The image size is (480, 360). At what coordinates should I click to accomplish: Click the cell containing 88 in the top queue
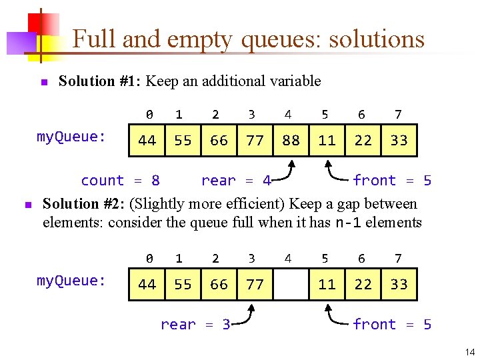[291, 141]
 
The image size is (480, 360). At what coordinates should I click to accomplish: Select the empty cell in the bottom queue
[291, 285]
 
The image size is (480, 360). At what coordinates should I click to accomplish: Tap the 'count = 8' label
[120, 181]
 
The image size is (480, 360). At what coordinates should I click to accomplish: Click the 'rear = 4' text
[235, 181]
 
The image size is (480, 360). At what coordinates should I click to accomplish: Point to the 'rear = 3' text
[195, 325]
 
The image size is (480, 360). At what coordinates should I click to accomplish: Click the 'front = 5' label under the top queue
[391, 181]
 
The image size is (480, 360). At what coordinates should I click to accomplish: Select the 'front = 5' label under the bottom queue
[391, 325]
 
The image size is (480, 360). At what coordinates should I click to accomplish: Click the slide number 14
[470, 352]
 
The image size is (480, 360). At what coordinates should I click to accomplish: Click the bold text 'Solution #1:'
[100, 81]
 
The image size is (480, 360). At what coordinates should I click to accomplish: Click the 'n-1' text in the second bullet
[348, 222]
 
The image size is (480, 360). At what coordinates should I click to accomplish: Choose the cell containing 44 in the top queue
[147, 141]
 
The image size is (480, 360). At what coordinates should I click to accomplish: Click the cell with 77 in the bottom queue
[255, 285]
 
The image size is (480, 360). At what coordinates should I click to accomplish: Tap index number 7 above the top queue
[398, 115]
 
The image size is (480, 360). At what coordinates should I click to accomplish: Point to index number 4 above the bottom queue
[288, 259]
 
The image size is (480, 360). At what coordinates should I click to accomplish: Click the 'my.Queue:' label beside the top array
[71, 137]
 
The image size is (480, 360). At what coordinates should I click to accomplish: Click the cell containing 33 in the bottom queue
[399, 285]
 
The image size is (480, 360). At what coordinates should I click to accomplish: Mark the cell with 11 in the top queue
[327, 141]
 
